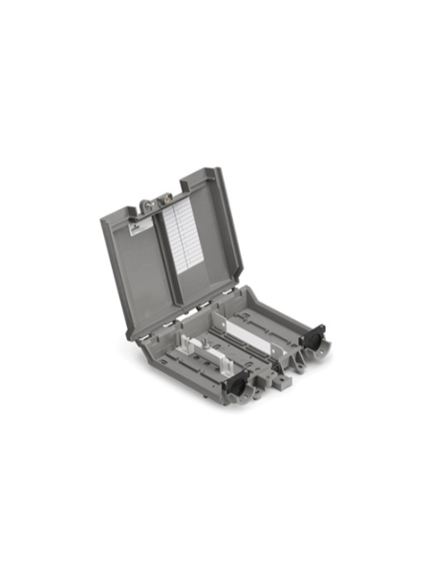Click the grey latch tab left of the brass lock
[x=145, y=202]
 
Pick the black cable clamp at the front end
[x=234, y=383]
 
